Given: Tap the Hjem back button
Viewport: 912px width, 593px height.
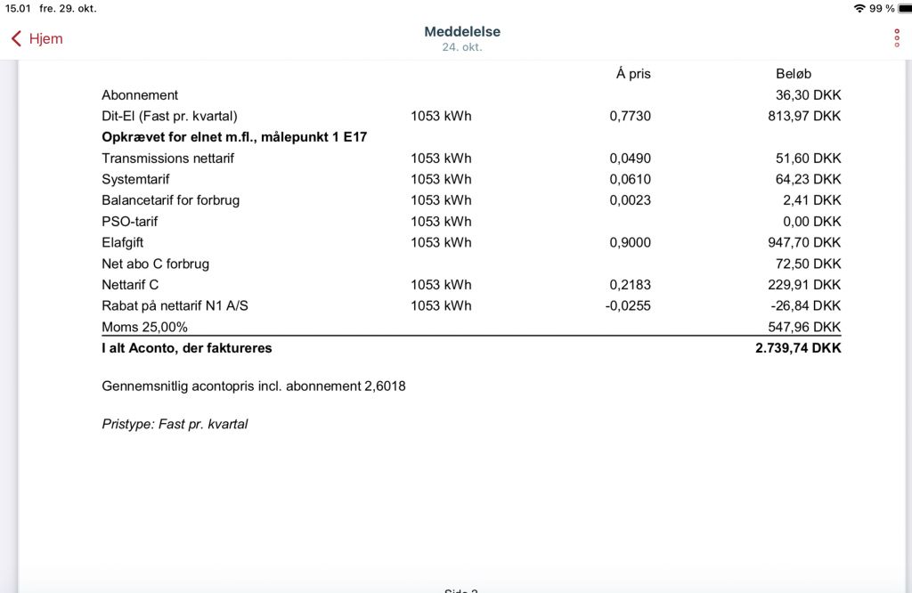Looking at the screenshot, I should click(37, 39).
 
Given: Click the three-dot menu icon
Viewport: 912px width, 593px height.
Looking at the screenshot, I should click(897, 38).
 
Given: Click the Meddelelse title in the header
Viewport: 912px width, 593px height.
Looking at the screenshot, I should click(462, 31).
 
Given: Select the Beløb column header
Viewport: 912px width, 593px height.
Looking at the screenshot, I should click(794, 74).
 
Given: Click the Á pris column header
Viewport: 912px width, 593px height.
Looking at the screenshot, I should click(633, 74).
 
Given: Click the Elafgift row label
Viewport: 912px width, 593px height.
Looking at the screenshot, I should click(122, 242).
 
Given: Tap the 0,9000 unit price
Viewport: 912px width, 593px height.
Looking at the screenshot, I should click(630, 242).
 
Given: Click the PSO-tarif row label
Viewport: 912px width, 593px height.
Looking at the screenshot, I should click(129, 221).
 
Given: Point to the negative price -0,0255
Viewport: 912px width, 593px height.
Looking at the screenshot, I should click(628, 305).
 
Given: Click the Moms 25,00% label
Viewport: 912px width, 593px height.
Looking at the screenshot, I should click(144, 327).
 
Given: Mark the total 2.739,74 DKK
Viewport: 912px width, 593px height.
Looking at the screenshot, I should click(798, 348).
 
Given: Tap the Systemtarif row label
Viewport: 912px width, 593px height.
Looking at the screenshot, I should click(135, 179).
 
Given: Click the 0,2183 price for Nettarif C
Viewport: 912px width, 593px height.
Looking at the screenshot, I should click(630, 285).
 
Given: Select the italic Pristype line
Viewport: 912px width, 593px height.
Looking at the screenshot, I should click(175, 424).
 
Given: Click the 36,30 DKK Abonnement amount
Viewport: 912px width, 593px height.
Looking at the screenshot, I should click(808, 95).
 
